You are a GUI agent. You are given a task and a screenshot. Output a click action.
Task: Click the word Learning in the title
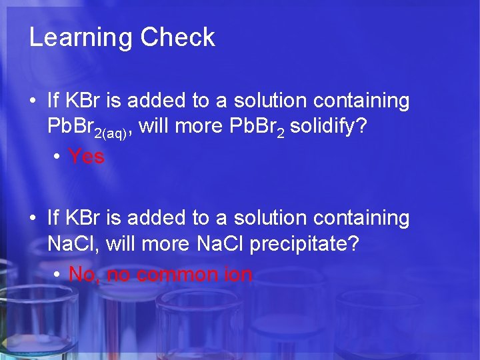point(81,38)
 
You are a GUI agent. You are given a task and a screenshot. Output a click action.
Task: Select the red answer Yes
point(87,157)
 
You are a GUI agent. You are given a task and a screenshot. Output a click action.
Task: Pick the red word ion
point(238,274)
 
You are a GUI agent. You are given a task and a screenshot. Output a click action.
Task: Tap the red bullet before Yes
point(58,157)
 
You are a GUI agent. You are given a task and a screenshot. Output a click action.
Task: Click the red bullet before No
point(58,275)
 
